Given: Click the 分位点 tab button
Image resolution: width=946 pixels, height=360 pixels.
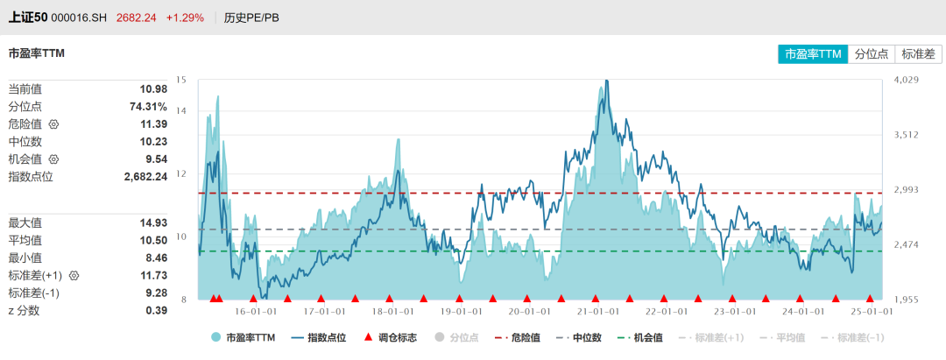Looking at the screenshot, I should (x=872, y=54).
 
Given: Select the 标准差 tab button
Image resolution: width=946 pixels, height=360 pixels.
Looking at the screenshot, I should (x=918, y=54).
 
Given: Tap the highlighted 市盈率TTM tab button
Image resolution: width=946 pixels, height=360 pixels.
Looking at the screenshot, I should (x=813, y=54).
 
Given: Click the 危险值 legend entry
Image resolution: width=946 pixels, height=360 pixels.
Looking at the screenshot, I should (x=518, y=337).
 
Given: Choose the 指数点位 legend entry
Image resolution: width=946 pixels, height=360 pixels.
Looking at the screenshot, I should (x=319, y=337).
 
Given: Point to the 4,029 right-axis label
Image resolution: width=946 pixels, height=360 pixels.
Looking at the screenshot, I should (x=906, y=81).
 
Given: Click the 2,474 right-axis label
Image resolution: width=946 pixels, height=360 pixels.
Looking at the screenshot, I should (x=906, y=245).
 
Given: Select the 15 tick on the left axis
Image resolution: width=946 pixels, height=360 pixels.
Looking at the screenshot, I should (x=181, y=80).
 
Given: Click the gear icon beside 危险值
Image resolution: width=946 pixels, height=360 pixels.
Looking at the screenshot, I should (x=53, y=124).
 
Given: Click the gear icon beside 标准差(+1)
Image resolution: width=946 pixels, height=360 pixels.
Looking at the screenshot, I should (x=74, y=275).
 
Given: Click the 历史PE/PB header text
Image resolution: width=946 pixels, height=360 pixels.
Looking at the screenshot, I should (x=251, y=18).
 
